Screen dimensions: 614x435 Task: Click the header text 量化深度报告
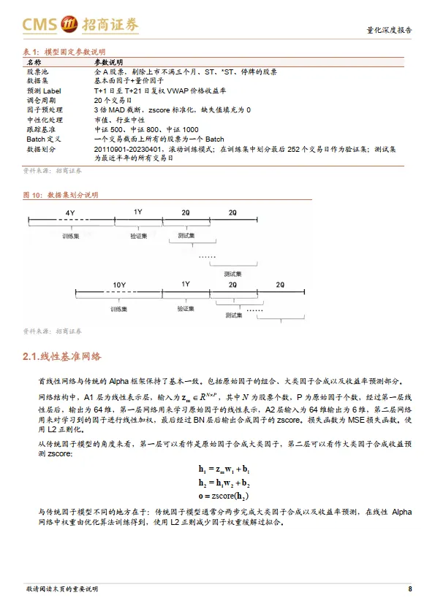[x=388, y=31]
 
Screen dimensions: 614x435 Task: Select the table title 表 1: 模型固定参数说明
[x=64, y=53]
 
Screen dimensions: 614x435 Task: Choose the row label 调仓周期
[x=42, y=100]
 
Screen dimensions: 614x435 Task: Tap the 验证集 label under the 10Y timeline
[x=185, y=309]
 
